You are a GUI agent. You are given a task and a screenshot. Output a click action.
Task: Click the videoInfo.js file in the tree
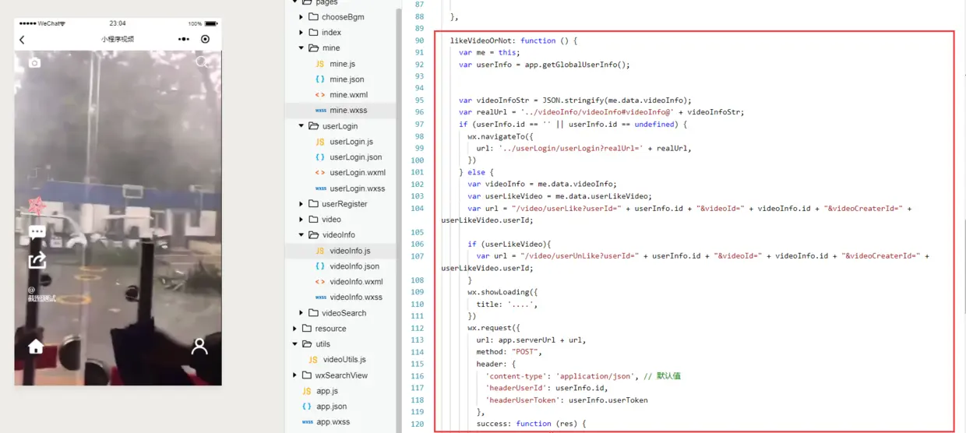(x=350, y=251)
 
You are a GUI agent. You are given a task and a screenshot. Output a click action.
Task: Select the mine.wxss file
(x=347, y=111)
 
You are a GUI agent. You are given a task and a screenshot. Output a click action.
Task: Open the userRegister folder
(x=344, y=204)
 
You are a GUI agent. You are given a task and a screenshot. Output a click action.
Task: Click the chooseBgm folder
(x=343, y=17)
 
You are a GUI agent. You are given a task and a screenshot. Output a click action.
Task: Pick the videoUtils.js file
(x=344, y=360)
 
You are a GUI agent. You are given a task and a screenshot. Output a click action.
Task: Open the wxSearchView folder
(x=340, y=375)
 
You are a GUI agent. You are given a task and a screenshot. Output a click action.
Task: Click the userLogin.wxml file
(x=357, y=173)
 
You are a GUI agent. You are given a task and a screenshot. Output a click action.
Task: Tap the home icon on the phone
(x=36, y=347)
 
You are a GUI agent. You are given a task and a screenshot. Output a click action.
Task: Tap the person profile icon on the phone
(x=199, y=347)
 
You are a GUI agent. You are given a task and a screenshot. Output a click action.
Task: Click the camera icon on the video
(x=34, y=62)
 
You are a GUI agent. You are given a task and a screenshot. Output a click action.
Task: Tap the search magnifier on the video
(x=202, y=62)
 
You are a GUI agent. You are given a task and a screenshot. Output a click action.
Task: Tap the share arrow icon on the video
(x=37, y=261)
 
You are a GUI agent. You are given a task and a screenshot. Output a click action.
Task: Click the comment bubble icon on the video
(x=37, y=231)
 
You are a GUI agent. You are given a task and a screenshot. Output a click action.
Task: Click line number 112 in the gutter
(x=417, y=328)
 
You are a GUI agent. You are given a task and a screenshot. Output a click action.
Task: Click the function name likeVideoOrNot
(x=481, y=40)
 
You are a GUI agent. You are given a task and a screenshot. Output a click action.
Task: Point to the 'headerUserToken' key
(x=524, y=400)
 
